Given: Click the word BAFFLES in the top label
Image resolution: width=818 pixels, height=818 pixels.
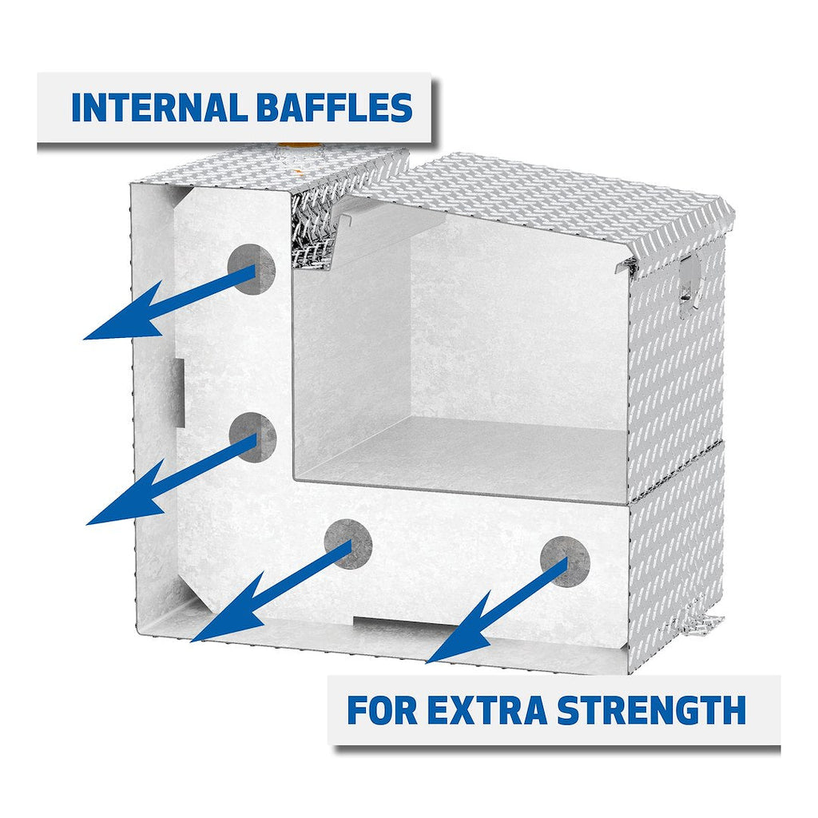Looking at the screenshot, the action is click(x=335, y=108).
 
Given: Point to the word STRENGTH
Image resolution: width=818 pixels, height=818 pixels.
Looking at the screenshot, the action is click(x=652, y=709).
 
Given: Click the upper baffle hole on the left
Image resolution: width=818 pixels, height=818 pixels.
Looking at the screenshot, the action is click(x=252, y=269).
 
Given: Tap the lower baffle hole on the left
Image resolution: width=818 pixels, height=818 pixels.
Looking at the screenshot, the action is click(x=252, y=437).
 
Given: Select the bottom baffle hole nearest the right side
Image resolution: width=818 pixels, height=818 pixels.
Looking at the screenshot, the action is click(x=565, y=561).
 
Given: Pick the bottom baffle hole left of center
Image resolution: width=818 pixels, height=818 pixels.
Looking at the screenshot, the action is click(x=348, y=543).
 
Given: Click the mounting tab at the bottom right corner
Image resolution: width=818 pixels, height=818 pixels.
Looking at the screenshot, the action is click(x=701, y=622).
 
